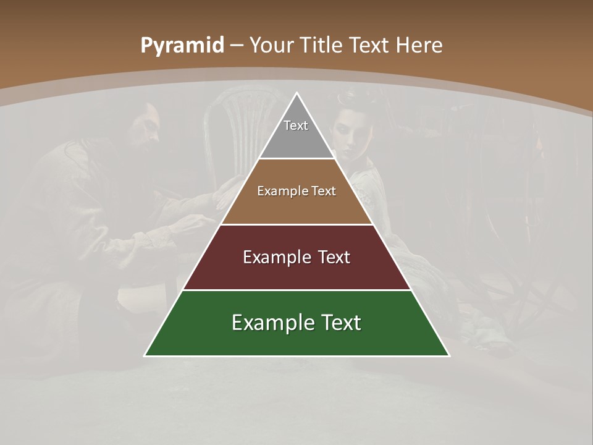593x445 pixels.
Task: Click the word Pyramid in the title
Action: click(x=182, y=46)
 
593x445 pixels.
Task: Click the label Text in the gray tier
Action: click(x=296, y=125)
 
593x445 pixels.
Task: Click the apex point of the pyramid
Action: click(x=297, y=93)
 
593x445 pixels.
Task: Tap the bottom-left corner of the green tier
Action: click(x=145, y=355)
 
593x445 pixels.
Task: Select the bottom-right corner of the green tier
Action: click(x=448, y=355)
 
